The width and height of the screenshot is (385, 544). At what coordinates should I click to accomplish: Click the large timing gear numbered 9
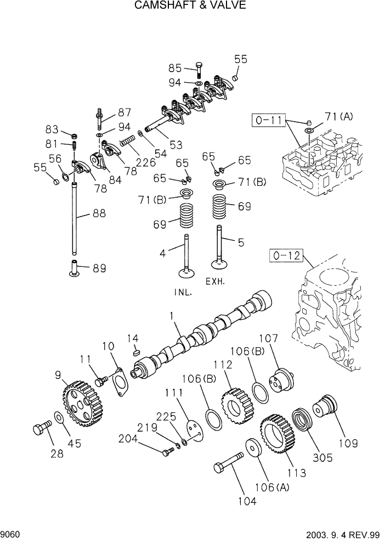[x=81, y=404]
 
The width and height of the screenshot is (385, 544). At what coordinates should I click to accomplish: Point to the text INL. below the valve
[x=183, y=292]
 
